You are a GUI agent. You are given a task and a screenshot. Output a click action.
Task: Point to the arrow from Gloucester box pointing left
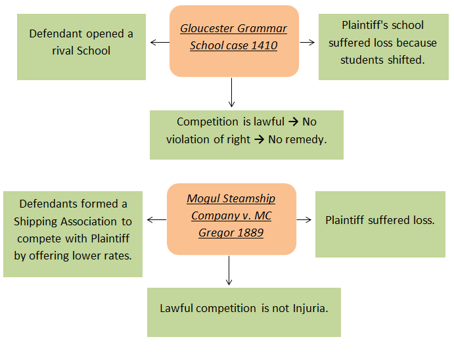pyautogui.click(x=159, y=43)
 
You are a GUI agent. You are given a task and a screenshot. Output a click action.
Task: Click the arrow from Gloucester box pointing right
pyautogui.click(x=307, y=43)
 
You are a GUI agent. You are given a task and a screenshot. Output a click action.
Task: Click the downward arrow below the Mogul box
pyautogui.click(x=229, y=270)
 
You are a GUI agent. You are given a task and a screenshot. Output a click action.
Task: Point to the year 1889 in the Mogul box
pyautogui.click(x=250, y=233)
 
